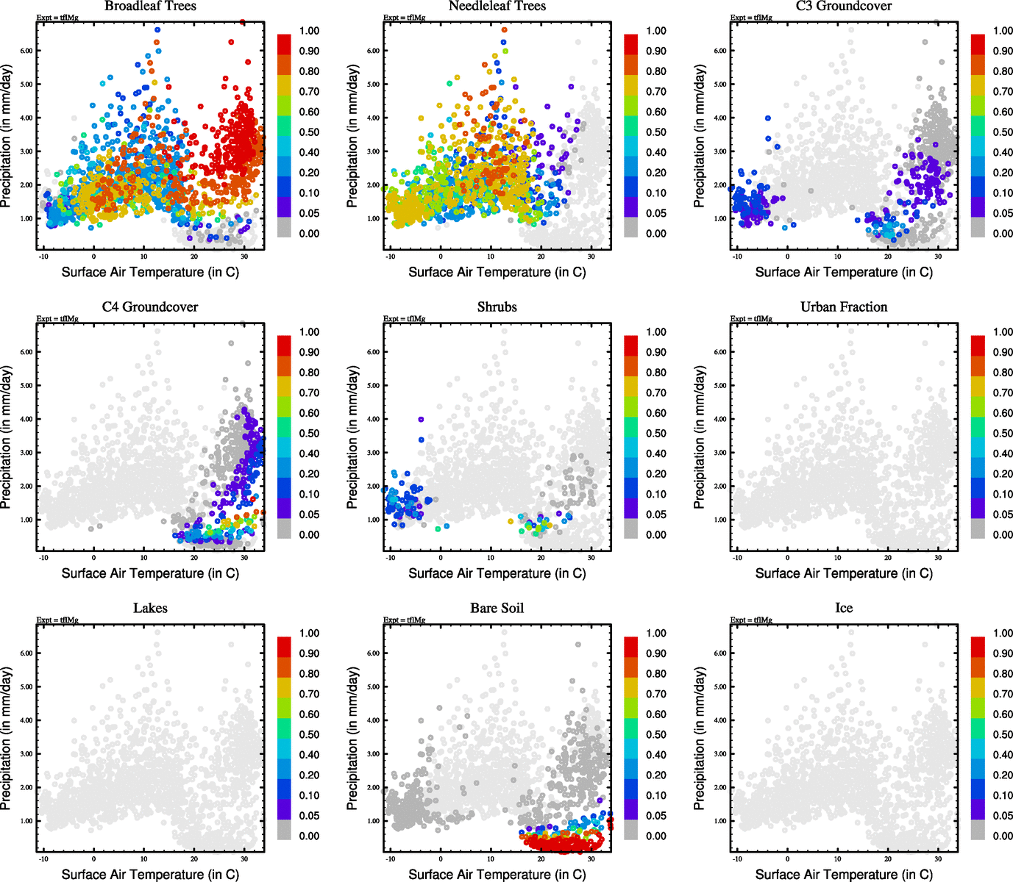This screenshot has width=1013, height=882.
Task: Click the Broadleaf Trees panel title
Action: [150, 6]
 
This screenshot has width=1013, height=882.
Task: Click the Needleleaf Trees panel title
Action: [497, 6]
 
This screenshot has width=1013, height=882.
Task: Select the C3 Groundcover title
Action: [844, 6]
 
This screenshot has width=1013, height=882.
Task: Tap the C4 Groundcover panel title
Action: [150, 307]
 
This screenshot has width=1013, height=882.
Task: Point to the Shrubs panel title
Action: [497, 307]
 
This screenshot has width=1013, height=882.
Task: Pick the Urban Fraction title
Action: [844, 307]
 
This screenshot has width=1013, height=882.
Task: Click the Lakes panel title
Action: [150, 609]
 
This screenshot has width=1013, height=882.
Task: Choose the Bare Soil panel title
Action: [497, 609]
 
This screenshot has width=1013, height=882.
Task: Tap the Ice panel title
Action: [844, 609]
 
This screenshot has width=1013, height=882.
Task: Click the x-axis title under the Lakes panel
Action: [150, 874]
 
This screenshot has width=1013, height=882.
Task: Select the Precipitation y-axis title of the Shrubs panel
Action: [352, 438]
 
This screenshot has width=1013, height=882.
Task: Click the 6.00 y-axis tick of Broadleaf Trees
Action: [26, 51]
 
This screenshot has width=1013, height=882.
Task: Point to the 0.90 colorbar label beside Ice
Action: [1003, 653]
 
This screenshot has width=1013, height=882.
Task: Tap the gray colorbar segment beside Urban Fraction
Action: [978, 528]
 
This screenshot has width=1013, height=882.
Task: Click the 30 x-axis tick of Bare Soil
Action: [591, 858]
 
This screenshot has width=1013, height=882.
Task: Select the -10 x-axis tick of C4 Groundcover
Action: [43, 557]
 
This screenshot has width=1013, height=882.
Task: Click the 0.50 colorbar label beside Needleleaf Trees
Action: [656, 132]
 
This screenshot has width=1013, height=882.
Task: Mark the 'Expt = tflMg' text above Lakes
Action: [57, 620]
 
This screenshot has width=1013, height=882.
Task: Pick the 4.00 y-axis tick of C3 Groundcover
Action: [719, 118]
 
